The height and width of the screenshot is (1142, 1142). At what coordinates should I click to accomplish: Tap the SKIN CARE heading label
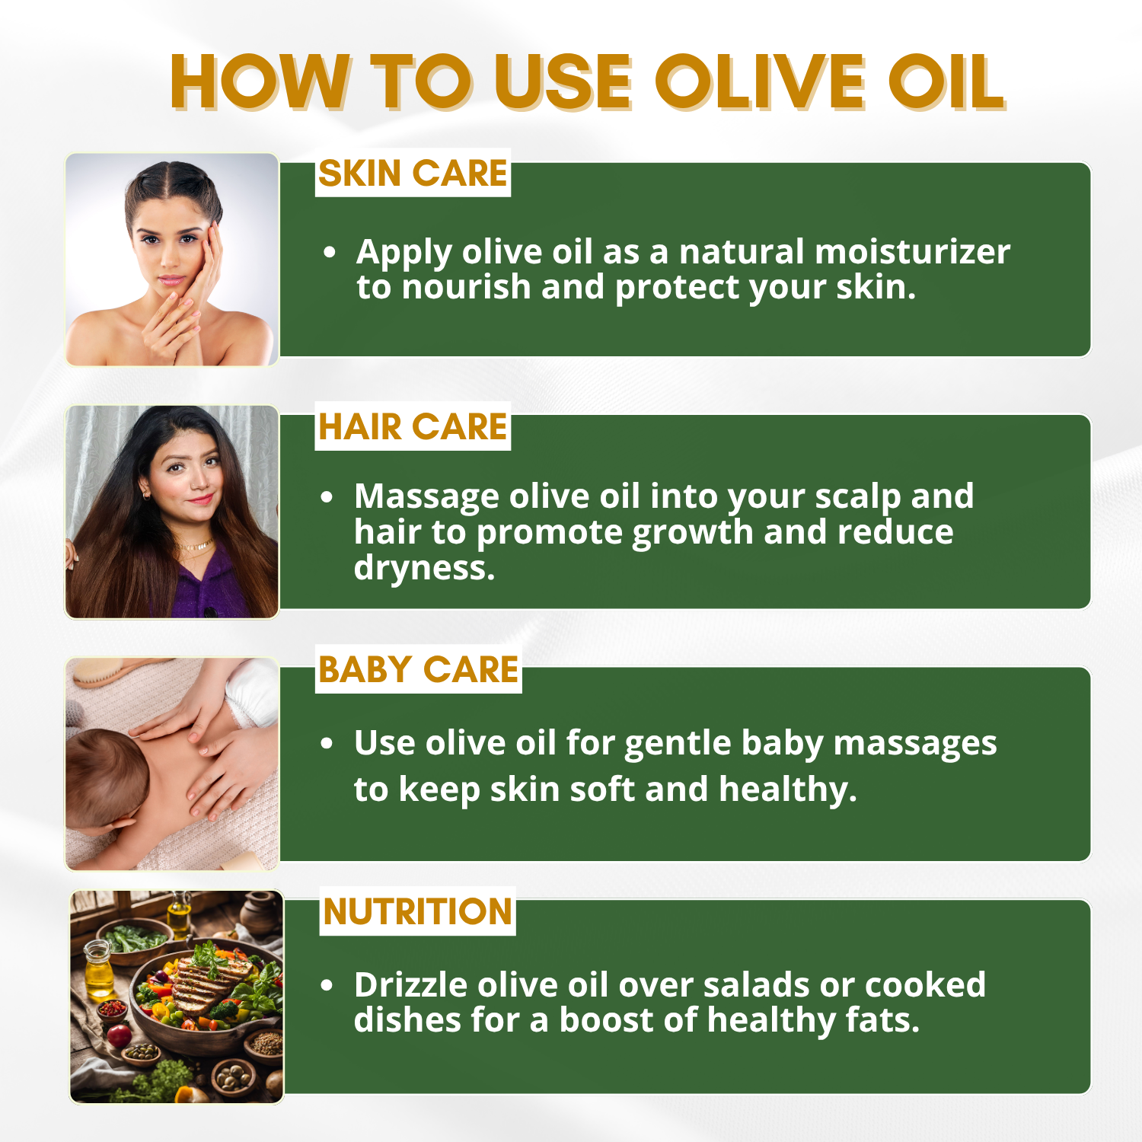(413, 174)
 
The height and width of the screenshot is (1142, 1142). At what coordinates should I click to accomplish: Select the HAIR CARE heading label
(413, 427)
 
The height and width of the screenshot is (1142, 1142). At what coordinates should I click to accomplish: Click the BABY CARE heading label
(418, 670)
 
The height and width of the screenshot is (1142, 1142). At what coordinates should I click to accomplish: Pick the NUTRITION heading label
(417, 911)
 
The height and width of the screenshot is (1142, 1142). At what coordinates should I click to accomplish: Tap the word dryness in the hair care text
(424, 568)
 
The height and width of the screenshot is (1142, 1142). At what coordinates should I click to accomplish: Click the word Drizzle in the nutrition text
(410, 985)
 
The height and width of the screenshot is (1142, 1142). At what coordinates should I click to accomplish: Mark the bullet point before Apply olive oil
(329, 252)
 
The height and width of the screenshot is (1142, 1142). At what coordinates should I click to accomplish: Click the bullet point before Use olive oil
(327, 743)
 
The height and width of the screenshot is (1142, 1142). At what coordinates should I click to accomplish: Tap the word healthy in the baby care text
(787, 790)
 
